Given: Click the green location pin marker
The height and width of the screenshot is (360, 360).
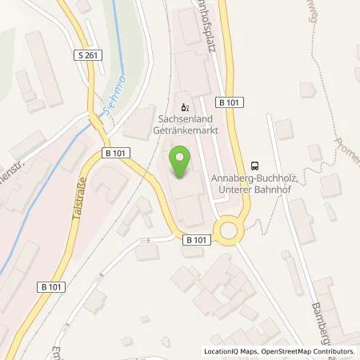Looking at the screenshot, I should [x=178, y=163].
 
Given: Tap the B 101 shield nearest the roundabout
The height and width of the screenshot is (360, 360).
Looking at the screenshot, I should [x=197, y=238].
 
